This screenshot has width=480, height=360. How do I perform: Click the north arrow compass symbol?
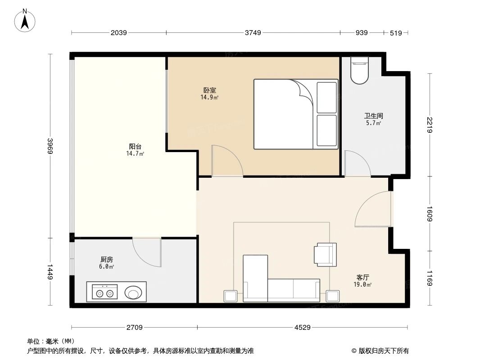(x=26, y=20)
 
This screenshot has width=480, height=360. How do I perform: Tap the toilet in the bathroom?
(x=359, y=71)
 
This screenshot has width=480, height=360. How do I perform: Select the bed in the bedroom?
(x=295, y=114)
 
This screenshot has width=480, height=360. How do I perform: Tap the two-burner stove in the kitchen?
(x=104, y=293)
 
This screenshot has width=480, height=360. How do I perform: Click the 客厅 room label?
(x=363, y=278)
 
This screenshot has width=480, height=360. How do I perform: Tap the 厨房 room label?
(x=106, y=260)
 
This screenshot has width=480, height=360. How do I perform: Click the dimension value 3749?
(x=253, y=33)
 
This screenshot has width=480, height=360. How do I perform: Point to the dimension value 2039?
(x=118, y=33)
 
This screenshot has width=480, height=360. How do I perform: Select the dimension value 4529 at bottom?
(x=303, y=328)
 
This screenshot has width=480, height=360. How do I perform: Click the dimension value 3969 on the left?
(x=50, y=146)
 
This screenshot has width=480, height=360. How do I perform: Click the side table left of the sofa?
(x=230, y=296)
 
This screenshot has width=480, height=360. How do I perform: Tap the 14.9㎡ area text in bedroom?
(x=209, y=97)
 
